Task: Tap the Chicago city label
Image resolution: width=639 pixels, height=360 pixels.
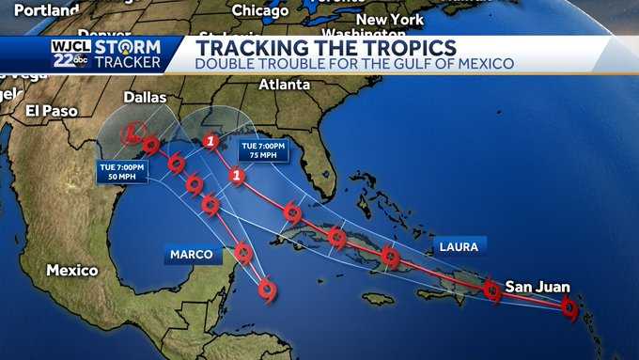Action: coord(260,10)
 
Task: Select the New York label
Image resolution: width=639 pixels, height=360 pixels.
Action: coord(390,19)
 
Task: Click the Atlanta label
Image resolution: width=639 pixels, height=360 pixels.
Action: coord(284,84)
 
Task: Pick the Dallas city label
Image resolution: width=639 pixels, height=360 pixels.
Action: coord(144,97)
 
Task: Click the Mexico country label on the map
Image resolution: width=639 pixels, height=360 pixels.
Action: coord(72,271)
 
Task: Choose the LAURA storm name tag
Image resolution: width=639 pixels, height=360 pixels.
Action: coord(458,248)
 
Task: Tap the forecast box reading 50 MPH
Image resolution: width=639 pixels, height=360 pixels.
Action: coord(121,171)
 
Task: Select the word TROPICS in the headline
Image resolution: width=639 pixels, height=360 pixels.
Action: coord(394,47)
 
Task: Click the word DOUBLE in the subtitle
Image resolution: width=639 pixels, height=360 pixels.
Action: coord(222,64)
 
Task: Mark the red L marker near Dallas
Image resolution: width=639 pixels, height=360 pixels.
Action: coord(132,132)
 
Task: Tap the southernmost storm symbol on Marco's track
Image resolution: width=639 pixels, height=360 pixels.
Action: coord(268,290)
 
